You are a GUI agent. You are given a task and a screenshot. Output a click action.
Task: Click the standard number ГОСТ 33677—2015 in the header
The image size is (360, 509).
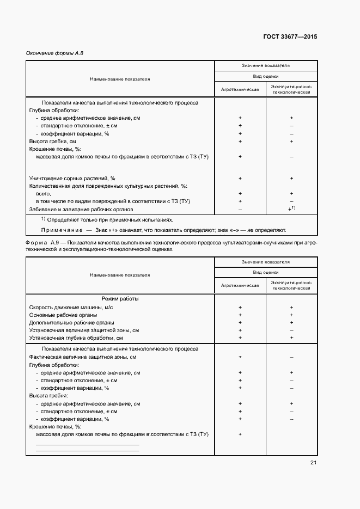(x=290, y=38)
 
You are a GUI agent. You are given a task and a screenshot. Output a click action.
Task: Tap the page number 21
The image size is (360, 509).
(x=313, y=463)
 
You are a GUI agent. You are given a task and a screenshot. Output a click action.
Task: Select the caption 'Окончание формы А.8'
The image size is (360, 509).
(x=54, y=53)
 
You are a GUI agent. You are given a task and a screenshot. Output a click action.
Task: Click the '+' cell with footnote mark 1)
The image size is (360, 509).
(x=291, y=209)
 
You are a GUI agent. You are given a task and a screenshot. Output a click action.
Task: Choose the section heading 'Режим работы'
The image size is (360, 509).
(x=120, y=299)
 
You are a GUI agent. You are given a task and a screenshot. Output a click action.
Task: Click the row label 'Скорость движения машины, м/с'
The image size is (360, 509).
(x=71, y=307)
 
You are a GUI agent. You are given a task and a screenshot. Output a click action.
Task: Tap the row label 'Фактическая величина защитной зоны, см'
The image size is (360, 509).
(x=82, y=357)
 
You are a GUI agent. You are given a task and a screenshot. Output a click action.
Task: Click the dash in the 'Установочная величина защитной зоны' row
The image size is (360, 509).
(x=291, y=330)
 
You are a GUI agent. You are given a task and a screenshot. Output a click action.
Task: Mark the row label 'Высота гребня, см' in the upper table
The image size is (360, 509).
(x=52, y=141)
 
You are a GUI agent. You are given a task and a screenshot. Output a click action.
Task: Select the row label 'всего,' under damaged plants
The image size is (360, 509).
(x=44, y=194)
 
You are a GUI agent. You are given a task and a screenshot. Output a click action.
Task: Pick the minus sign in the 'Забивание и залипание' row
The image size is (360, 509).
(x=240, y=209)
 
